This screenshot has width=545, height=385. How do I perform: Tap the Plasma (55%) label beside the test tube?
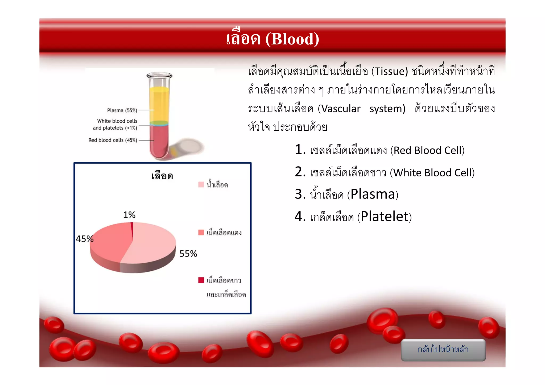[122, 110]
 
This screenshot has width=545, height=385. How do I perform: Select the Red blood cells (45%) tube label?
[113, 140]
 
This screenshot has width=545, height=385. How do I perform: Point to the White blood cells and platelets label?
[115, 124]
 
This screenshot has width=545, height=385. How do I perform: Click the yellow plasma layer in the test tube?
[159, 104]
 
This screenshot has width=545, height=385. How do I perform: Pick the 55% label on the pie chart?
[188, 254]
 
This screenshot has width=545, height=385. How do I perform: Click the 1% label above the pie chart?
[129, 215]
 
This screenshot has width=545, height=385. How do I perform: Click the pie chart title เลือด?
[162, 176]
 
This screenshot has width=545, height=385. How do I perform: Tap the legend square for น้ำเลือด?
[201, 184]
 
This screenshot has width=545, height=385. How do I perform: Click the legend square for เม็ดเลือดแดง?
[201, 232]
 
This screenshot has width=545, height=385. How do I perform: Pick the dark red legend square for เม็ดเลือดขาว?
[201, 280]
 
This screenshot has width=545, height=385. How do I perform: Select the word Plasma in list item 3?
[373, 194]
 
